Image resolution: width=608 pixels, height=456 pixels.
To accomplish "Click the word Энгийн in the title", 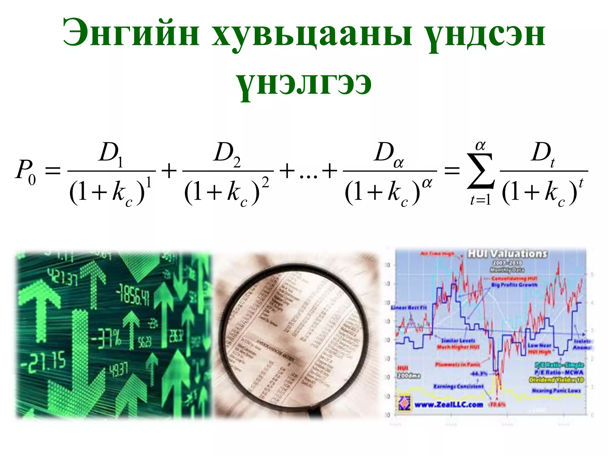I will [131, 33].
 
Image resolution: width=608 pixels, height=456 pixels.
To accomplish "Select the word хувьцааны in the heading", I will [312, 34].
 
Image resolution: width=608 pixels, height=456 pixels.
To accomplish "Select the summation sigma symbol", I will [480, 171].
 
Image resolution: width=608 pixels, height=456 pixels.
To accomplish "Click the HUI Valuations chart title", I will [507, 254].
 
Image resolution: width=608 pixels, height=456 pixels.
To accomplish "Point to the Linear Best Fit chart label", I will [409, 308].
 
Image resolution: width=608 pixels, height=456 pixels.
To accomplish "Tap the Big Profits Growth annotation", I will [514, 285].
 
